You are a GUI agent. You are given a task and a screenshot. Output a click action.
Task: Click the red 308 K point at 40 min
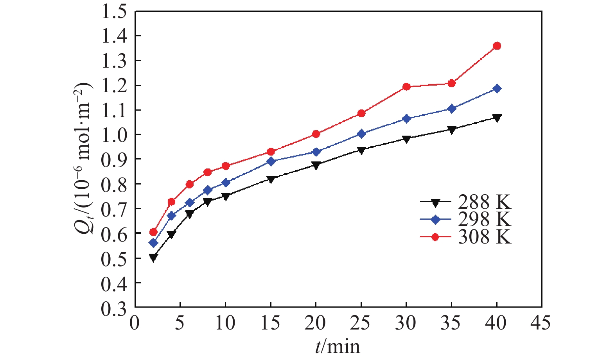497,46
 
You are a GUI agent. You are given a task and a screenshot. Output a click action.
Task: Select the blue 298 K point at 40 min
497,89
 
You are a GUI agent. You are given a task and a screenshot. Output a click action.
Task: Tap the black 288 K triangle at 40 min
497,118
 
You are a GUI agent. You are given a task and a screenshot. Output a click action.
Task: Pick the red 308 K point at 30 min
406,87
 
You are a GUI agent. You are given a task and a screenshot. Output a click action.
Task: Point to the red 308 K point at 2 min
153,232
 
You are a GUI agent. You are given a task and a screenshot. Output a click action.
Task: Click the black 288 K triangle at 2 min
153,257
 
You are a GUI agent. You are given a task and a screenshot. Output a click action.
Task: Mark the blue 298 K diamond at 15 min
271,161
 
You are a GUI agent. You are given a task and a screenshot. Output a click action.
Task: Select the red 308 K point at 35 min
452,83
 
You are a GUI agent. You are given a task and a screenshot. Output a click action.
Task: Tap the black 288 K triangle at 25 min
361,150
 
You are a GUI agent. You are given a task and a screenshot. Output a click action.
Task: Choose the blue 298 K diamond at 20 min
316,152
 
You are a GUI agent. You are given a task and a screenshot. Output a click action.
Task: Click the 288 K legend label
484,202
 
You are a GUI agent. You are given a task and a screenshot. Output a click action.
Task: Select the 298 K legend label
484,220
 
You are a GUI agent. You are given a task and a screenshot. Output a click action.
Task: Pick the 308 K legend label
484,237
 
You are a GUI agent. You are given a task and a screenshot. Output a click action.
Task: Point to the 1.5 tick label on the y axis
114,12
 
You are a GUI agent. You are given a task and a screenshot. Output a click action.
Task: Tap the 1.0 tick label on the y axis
114,135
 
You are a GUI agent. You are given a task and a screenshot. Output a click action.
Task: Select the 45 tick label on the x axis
541,324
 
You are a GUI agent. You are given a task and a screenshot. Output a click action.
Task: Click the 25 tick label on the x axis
361,324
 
